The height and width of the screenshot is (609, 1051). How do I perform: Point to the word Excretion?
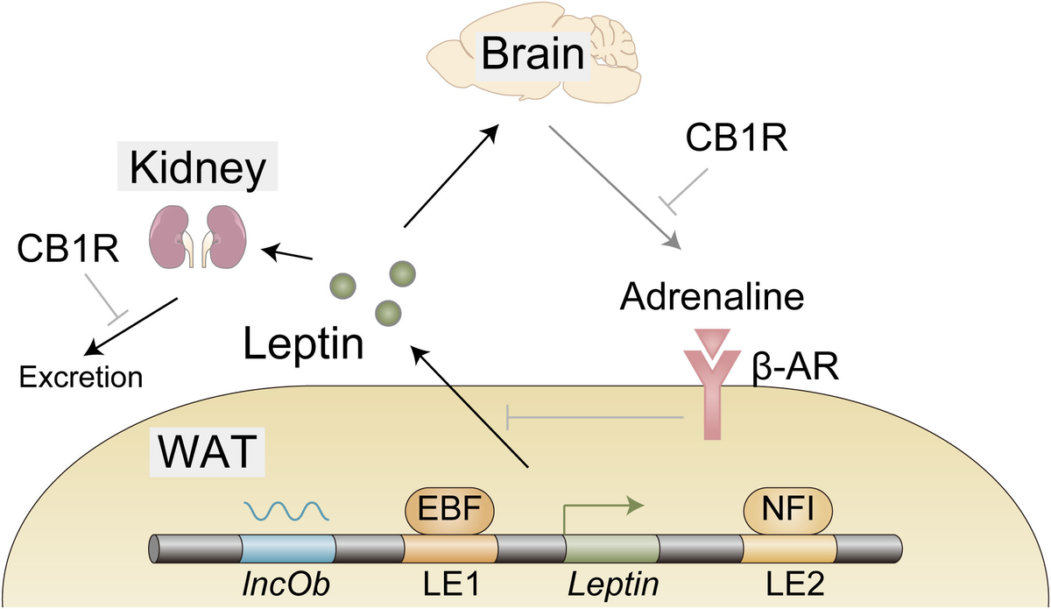[x=81, y=378]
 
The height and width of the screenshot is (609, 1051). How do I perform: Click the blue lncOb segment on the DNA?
[x=289, y=549]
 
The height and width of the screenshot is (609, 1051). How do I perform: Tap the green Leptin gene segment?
[x=611, y=549]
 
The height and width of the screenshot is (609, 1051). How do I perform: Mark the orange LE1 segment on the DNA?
[x=450, y=549]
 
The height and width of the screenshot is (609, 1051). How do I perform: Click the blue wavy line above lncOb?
[x=286, y=509]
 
